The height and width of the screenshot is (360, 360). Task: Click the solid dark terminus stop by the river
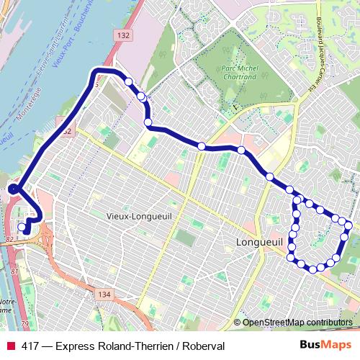tap(13, 189)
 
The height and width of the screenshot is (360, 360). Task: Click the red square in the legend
tap(11, 346)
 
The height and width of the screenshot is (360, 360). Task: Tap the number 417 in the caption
tap(30, 346)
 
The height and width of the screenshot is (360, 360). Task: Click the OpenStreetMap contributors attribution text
tap(297, 322)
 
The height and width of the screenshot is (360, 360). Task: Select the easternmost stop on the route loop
tap(348, 225)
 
